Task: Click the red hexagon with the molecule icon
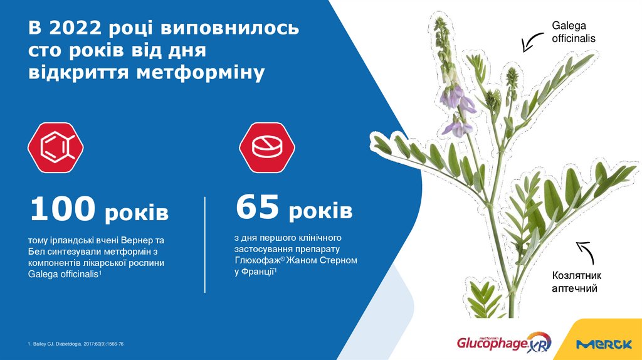56,148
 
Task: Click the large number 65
257,208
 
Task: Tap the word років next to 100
136,213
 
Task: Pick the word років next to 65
320,211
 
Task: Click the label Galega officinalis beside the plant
572,32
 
